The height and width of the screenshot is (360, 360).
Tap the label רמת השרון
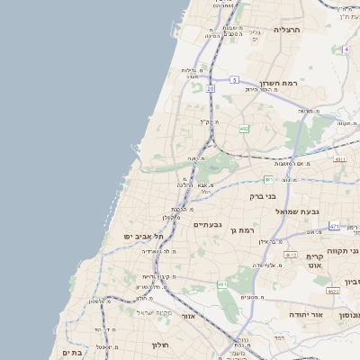pos(277,82)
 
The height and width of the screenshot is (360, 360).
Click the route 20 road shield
pos(210,89)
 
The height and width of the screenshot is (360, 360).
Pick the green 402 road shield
pos(244,129)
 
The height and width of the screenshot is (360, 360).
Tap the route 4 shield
pos(346,49)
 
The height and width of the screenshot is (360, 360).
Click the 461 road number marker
pos(222,284)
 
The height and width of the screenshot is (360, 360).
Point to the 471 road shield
pos(334,226)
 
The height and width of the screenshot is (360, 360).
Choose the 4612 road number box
pos(290,255)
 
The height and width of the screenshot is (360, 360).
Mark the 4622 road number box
pos(333,291)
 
